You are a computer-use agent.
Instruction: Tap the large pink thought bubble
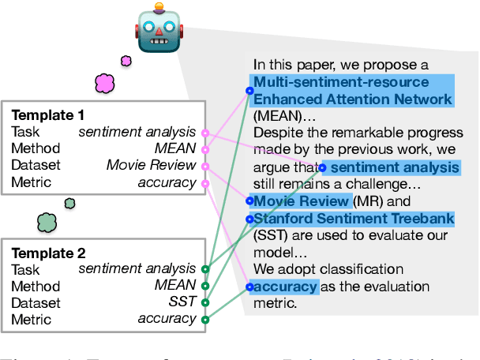pyautogui.click(x=105, y=82)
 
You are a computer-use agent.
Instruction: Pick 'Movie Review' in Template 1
pyautogui.click(x=151, y=165)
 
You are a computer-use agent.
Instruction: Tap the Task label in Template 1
pyautogui.click(x=25, y=132)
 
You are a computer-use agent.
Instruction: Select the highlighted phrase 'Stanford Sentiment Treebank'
pyautogui.click(x=353, y=219)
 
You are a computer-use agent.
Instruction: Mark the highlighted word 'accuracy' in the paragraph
pyautogui.click(x=285, y=287)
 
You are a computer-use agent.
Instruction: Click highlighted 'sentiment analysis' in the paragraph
pyautogui.click(x=394, y=167)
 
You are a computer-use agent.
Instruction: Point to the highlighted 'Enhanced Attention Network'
pyautogui.click(x=353, y=99)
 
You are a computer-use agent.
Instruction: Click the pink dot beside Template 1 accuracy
pyautogui.click(x=205, y=183)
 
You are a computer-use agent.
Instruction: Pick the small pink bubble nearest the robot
pyautogui.click(x=126, y=60)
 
